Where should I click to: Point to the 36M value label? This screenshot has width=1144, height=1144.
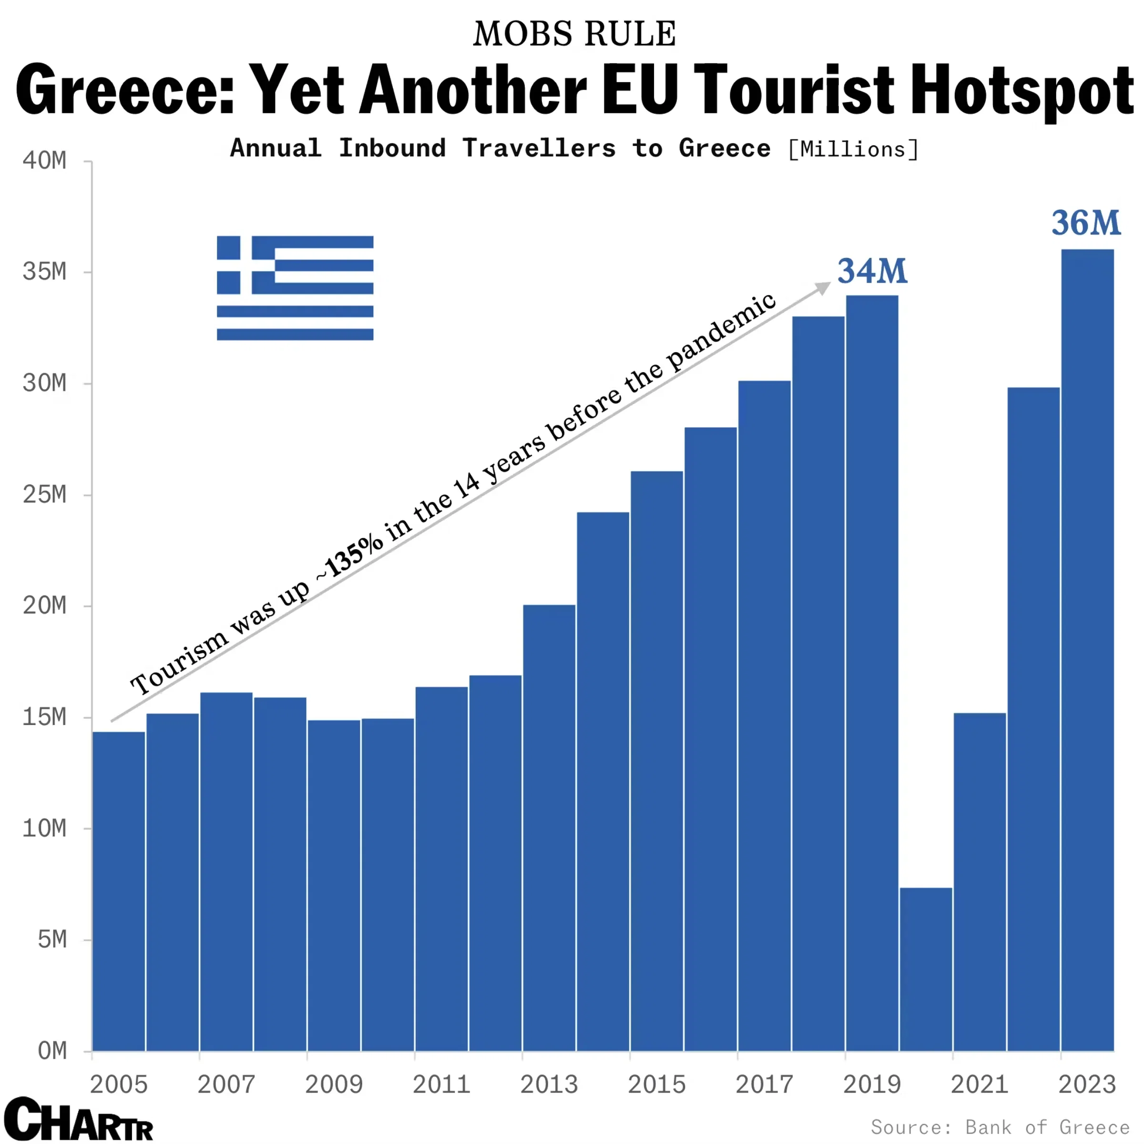tap(1086, 223)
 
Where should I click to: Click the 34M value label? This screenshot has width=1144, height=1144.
tap(872, 271)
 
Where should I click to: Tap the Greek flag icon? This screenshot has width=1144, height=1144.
tap(295, 288)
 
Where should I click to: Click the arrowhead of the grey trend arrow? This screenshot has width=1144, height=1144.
tap(824, 287)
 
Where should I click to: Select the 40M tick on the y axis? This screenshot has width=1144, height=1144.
tap(44, 161)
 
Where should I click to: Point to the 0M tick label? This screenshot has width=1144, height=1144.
tap(52, 1051)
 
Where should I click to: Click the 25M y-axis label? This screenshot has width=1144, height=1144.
tap(44, 494)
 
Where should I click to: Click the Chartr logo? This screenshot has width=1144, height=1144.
tap(78, 1119)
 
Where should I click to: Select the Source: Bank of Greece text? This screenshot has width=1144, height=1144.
tap(1000, 1127)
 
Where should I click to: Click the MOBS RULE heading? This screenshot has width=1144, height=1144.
tap(574, 34)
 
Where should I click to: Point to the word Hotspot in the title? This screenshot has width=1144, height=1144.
tap(1021, 90)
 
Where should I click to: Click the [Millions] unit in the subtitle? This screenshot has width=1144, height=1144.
tap(853, 149)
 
